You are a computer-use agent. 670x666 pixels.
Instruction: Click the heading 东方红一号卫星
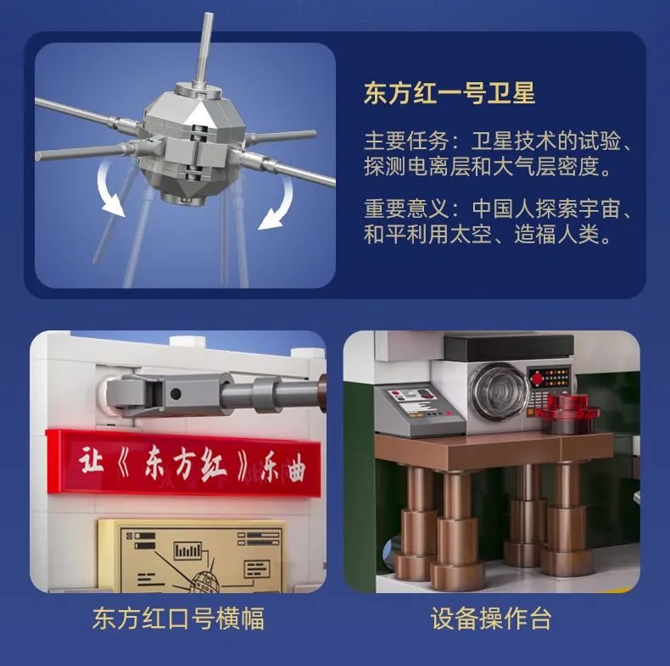click(449, 92)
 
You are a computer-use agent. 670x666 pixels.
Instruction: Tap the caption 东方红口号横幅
click(178, 619)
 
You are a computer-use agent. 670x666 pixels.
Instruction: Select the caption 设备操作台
click(491, 619)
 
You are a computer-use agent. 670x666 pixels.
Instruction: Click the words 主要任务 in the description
click(406, 141)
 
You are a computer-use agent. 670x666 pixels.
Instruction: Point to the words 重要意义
click(406, 208)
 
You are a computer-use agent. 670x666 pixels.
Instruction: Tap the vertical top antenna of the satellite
click(204, 50)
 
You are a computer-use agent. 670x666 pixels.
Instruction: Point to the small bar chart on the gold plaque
click(187, 551)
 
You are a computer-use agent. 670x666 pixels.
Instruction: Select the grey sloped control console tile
click(419, 410)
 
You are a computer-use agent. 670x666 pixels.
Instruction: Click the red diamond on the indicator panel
click(537, 378)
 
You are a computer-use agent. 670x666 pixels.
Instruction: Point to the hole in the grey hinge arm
click(176, 394)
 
